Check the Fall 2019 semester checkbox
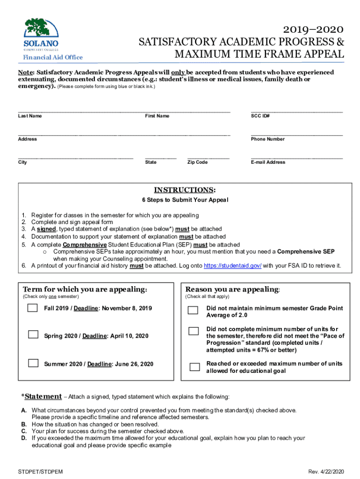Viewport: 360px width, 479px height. pos(33,308)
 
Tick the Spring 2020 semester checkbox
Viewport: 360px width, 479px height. pos(33,334)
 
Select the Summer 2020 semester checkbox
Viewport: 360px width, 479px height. pos(33,363)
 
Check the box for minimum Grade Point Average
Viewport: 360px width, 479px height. pos(193,310)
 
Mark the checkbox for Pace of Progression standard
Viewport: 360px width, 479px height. pos(193,331)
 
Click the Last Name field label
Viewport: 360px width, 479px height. pos(30,116)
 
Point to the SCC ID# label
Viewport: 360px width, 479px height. pos(260,116)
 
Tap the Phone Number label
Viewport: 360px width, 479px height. pos(267,139)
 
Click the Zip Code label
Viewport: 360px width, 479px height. pos(197,162)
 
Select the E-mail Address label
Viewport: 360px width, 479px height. pos(268,162)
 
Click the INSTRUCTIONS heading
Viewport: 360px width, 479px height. pos(185,190)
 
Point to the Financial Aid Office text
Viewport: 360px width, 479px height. pos(53,58)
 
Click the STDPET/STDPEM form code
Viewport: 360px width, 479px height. pos(38,471)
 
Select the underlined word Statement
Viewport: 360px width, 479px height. pos(43,397)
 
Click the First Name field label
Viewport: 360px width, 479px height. pos(157,116)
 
